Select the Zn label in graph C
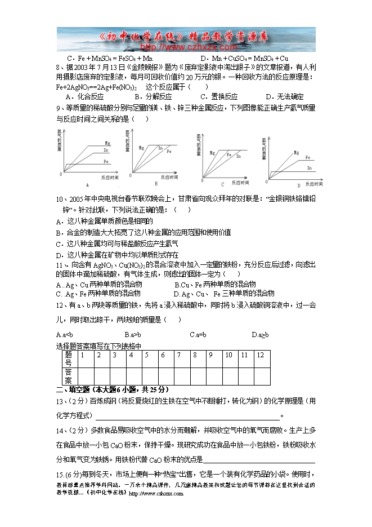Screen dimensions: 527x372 (238, 156)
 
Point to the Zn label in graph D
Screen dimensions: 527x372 (309, 168)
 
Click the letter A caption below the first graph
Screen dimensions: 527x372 (87, 184)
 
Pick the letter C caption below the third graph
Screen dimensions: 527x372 (222, 184)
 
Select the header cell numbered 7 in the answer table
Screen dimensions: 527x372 (178, 355)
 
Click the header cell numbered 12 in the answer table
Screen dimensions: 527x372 (260, 355)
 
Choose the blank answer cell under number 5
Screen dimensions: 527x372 (147, 376)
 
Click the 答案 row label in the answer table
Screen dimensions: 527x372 (68, 376)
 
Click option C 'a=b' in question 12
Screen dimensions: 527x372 (198, 334)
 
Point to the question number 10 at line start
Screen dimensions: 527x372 (61, 199)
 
